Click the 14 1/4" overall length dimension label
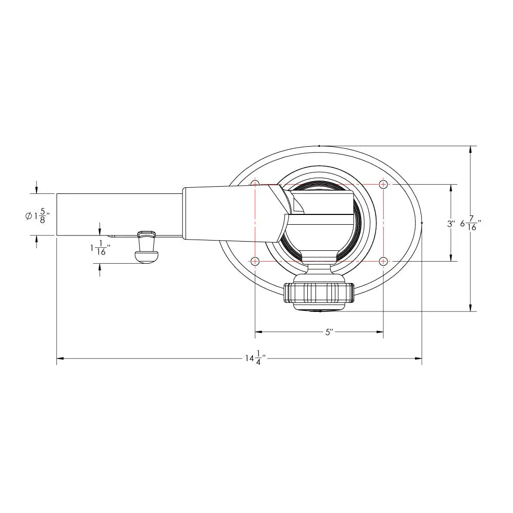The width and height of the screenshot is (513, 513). tap(254, 358)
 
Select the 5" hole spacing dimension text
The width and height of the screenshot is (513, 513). tap(329, 332)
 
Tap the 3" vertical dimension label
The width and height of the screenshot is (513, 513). tap(451, 224)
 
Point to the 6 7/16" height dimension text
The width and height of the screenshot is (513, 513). tap(471, 224)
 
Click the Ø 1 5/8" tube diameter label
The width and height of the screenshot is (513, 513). tap(41, 216)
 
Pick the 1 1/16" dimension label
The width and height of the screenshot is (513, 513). tap(100, 248)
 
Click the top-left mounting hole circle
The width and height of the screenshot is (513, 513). tap(255, 184)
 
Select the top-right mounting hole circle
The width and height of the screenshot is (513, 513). tap(383, 184)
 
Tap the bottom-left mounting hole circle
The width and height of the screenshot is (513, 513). tap(255, 261)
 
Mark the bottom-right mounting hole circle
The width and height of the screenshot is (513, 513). tap(383, 261)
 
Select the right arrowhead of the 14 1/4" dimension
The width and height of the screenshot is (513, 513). tap(418, 358)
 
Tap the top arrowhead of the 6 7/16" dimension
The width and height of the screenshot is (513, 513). tap(470, 149)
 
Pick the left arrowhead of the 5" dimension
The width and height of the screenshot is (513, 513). tap(259, 332)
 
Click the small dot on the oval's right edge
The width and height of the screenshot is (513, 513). tap(422, 223)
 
